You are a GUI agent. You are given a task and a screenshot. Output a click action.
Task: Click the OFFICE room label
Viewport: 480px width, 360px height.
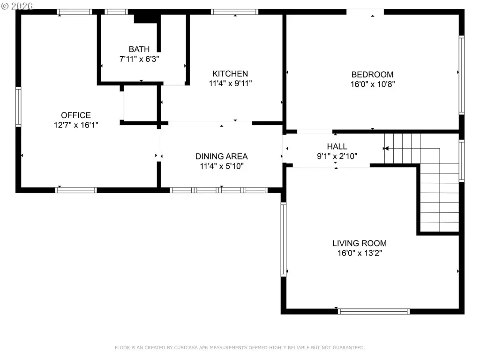(76, 115)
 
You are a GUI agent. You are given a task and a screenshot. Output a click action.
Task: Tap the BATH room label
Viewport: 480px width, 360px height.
(139, 49)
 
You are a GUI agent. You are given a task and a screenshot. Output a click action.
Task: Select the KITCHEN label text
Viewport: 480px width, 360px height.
(230, 74)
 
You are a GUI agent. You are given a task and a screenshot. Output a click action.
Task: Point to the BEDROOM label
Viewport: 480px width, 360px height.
(373, 75)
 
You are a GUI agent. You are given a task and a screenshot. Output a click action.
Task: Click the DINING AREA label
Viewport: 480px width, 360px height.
(222, 157)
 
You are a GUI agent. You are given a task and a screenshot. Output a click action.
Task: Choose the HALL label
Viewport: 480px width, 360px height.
(337, 147)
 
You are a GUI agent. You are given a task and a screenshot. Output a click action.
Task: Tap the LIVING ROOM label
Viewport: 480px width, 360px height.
(360, 243)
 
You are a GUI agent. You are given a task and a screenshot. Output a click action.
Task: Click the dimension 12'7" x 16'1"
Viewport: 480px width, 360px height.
(76, 125)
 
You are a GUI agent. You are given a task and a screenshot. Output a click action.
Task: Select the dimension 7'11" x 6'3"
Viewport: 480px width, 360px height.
(139, 59)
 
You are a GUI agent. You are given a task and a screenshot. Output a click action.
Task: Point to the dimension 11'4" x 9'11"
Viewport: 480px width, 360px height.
(231, 83)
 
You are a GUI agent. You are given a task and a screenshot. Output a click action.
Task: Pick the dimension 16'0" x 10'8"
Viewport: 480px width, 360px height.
(373, 84)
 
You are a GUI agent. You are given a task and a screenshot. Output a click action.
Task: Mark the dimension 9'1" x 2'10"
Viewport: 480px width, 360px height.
(337, 157)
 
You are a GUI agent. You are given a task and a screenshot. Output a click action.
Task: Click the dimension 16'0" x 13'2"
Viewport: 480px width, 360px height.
(360, 253)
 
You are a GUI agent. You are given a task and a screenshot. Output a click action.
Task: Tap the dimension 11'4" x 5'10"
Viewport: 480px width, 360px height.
(222, 166)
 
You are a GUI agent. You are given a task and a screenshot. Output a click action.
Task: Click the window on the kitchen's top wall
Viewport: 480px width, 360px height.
(234, 12)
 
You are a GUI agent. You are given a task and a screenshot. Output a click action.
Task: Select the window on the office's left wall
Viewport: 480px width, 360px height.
(18, 107)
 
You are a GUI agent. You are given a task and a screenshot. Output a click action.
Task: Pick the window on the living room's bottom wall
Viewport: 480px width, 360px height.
(374, 312)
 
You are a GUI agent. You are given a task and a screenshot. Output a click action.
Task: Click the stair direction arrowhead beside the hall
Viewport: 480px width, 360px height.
(386, 149)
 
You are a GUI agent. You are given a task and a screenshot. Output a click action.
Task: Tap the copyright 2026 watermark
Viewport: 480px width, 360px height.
(17, 6)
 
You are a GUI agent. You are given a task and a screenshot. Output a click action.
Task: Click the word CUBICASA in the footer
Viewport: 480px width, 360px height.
(186, 348)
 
